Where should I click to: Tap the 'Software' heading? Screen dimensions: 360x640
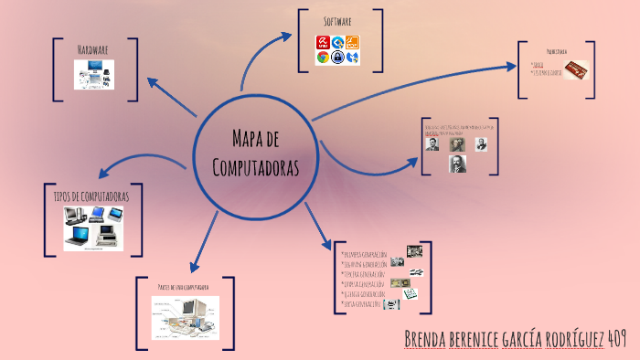click(x=338, y=20)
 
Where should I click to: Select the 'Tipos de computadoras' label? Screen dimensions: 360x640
click(x=91, y=196)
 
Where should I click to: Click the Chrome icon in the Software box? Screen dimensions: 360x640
click(x=323, y=58)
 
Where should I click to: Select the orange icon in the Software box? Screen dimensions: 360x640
click(x=352, y=42)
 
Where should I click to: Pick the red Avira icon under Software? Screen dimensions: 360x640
click(x=323, y=42)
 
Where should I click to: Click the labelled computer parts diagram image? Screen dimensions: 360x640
click(x=185, y=317)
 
